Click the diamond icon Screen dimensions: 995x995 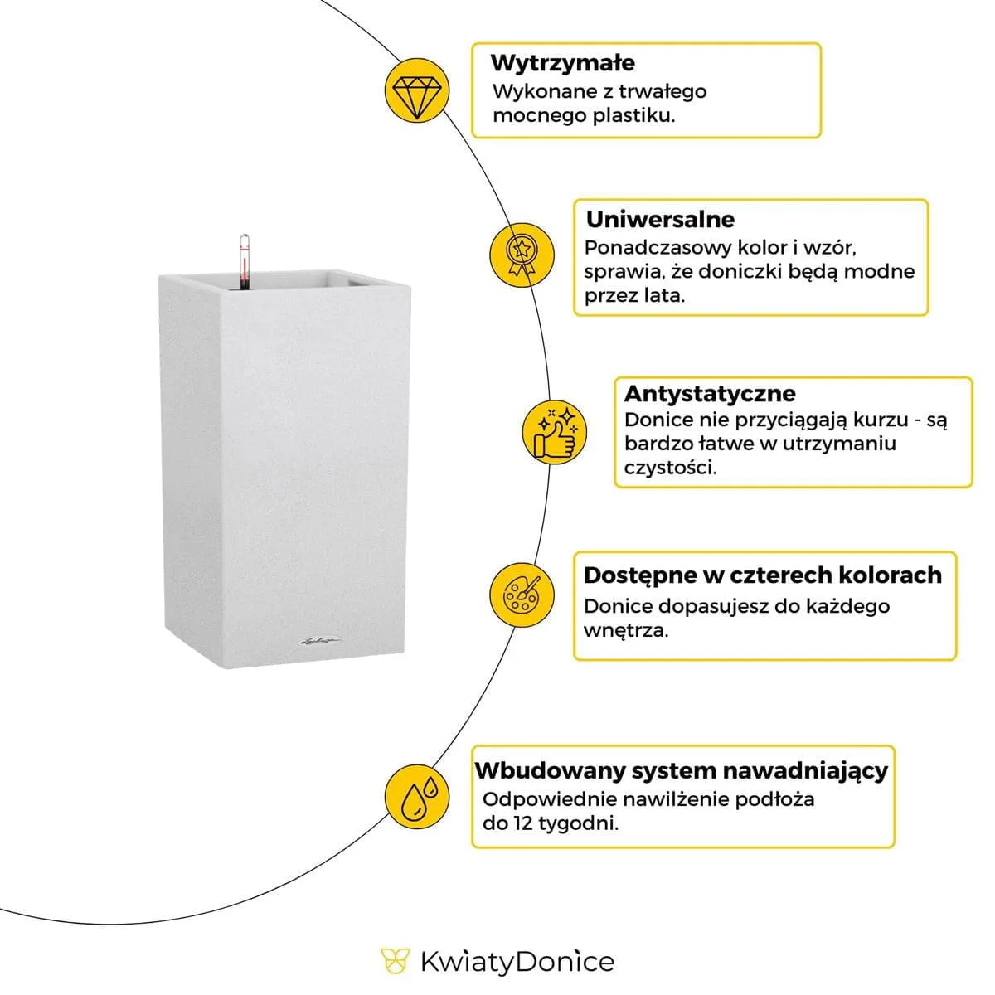pos(417,90)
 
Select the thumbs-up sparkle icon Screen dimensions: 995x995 pos(554,430)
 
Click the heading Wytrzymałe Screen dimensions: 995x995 pos(562,63)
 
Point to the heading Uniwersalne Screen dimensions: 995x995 pos(660,220)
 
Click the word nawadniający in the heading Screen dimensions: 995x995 pos(805,770)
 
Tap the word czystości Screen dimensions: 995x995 pos(670,468)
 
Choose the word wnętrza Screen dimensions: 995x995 pos(625,630)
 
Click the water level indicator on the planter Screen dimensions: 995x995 pos(244,260)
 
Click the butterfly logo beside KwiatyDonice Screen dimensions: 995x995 pos(395,961)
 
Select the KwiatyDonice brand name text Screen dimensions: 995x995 pos(517,962)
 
